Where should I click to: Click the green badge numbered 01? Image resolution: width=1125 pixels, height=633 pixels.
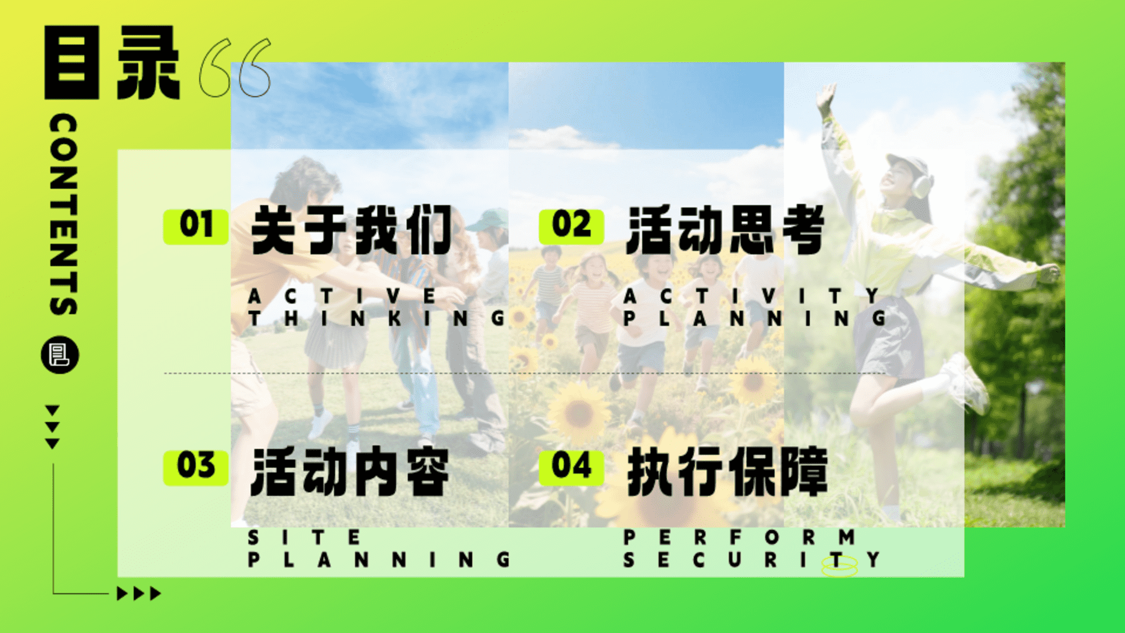196,226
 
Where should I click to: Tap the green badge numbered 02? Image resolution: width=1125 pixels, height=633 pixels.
571,226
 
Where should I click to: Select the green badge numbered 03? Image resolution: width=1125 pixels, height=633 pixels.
196,468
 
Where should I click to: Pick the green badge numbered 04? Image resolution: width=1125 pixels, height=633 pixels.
571,468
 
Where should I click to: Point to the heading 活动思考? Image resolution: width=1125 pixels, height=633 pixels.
726,230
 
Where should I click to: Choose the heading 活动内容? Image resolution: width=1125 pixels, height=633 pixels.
350,472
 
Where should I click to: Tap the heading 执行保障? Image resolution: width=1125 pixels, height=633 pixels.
727,472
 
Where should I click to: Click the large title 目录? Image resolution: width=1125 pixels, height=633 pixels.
112,62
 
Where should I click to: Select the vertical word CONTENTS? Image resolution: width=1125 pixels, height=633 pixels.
63,215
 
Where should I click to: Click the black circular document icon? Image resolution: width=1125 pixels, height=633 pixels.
60,355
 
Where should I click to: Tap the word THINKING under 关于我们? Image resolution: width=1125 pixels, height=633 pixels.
377,319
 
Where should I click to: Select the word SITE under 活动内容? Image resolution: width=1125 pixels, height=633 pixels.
304,537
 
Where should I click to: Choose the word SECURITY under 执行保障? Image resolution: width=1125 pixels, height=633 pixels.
752,560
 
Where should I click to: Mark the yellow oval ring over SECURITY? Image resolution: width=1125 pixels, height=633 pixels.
840,566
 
